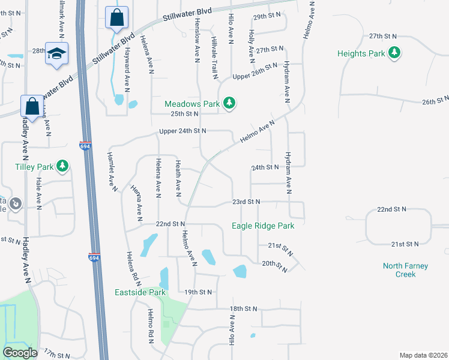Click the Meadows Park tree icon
click(x=229, y=104)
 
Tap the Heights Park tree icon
click(x=394, y=53)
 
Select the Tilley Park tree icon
click(x=62, y=166)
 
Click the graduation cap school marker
click(x=57, y=53)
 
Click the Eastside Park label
click(x=140, y=293)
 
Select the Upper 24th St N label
click(x=182, y=131)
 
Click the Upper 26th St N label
click(x=255, y=76)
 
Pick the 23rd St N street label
click(x=246, y=202)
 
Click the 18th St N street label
click(x=243, y=308)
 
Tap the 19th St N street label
click(x=198, y=292)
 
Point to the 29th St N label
click(x=268, y=16)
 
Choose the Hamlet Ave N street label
click(x=112, y=171)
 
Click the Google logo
click(x=20, y=353)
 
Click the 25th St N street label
click(x=184, y=113)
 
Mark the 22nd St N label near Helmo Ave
click(x=170, y=224)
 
